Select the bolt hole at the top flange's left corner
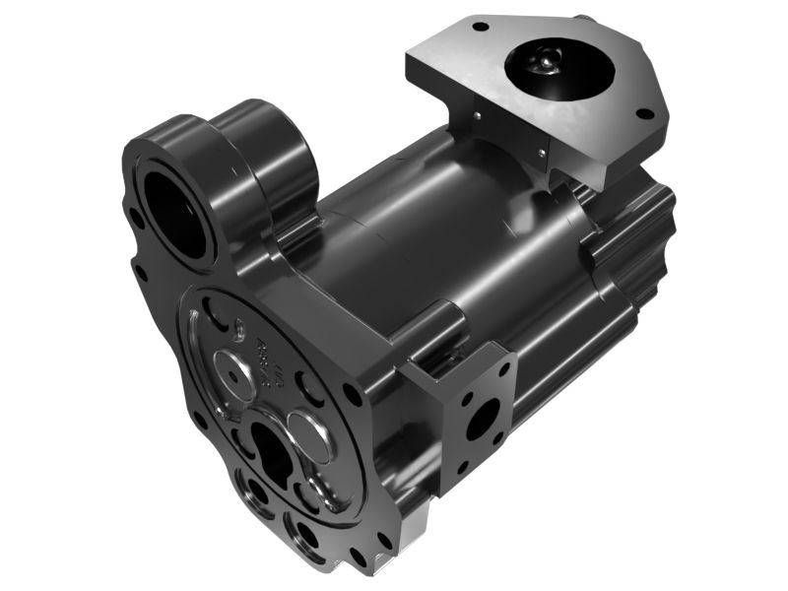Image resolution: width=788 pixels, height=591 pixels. (479, 27)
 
